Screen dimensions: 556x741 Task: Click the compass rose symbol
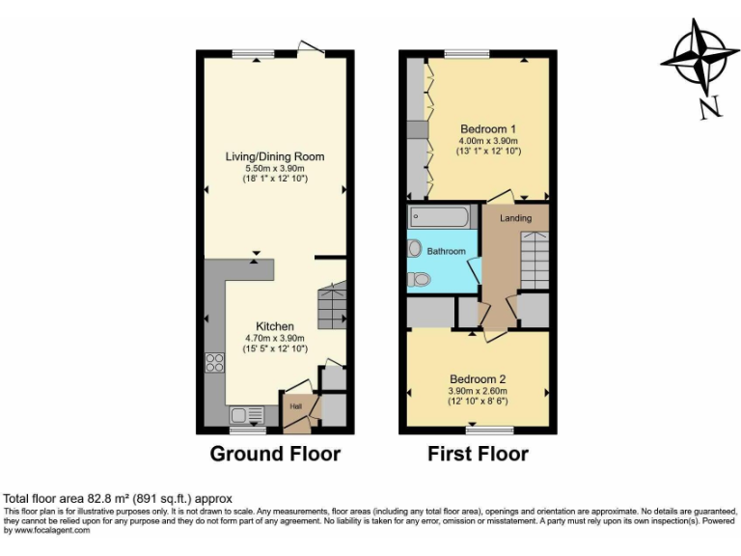[695, 59]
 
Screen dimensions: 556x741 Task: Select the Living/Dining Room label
[275, 156]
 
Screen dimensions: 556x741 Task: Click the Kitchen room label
[275, 326]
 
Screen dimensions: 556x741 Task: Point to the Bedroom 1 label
[488, 129]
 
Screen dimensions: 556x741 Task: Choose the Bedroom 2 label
[478, 378]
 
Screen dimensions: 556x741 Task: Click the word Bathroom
[447, 251]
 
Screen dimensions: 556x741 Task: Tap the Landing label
[515, 218]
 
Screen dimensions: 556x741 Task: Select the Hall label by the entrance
[295, 406]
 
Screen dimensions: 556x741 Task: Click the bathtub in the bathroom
[439, 216]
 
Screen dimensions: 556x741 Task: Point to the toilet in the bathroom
[419, 279]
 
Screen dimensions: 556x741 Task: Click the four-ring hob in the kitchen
[214, 364]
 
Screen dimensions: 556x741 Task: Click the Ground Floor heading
[275, 454]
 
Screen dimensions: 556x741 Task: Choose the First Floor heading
[478, 454]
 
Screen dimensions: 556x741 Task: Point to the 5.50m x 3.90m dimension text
[275, 168]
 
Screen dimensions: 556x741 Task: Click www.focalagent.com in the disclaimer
[46, 529]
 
